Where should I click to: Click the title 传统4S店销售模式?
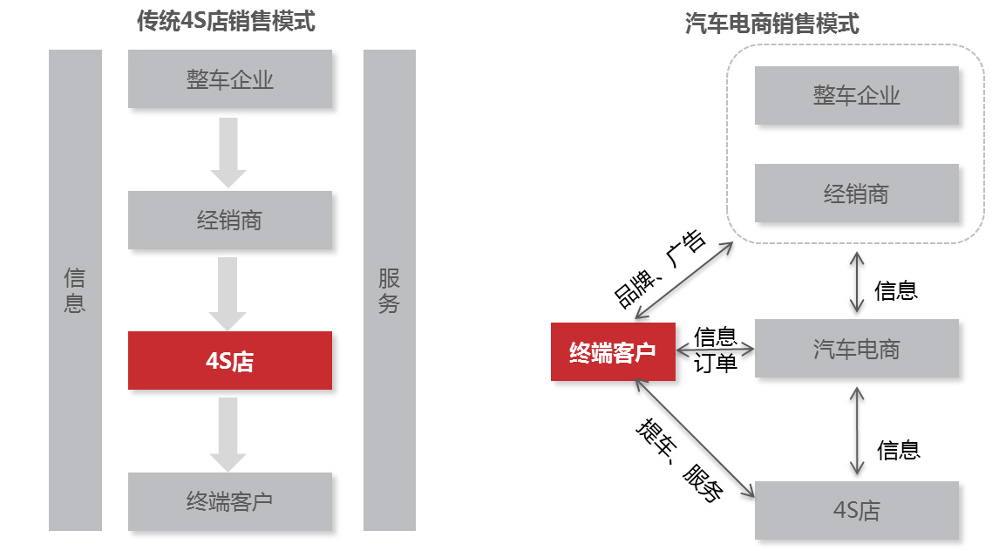pyautogui.click(x=226, y=22)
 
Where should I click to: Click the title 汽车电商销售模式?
pyautogui.click(x=772, y=24)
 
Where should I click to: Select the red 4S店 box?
pyautogui.click(x=230, y=360)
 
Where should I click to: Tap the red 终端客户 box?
pyautogui.click(x=613, y=351)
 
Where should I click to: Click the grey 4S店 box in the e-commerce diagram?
pyautogui.click(x=857, y=510)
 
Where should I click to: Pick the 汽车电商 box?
pyautogui.click(x=857, y=349)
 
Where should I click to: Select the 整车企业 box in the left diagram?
pyautogui.click(x=230, y=79)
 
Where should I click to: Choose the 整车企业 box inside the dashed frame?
pyautogui.click(x=857, y=94)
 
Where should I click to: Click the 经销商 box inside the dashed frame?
pyautogui.click(x=857, y=193)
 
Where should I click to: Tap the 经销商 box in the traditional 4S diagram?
pyautogui.click(x=230, y=221)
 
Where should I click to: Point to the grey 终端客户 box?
pyautogui.click(x=230, y=501)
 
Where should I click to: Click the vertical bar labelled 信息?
pyautogui.click(x=75, y=290)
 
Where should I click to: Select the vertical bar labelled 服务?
pyautogui.click(x=389, y=290)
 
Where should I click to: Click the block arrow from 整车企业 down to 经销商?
pyautogui.click(x=228, y=151)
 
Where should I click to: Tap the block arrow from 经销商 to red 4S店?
pyautogui.click(x=228, y=292)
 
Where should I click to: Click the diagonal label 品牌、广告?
pyautogui.click(x=660, y=269)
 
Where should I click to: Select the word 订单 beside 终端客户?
pyautogui.click(x=716, y=363)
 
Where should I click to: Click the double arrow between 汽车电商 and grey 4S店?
pyautogui.click(x=857, y=432)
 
